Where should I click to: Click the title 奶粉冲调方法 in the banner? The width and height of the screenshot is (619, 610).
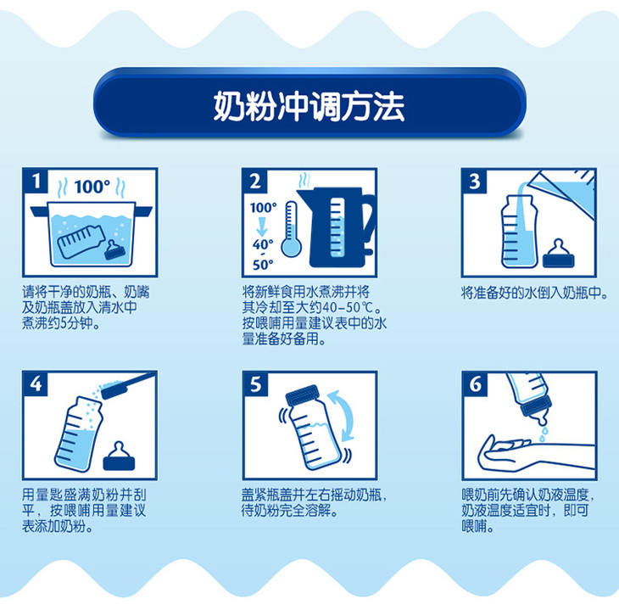click(309, 106)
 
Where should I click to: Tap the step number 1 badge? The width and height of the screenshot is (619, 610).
click(36, 181)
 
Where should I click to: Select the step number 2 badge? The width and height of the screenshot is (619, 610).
click(255, 181)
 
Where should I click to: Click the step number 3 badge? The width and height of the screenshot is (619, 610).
click(475, 181)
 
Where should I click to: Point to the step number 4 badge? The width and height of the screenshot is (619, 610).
click(36, 383)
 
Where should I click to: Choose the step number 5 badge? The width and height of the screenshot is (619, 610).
click(255, 383)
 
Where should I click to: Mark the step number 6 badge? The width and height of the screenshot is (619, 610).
click(475, 383)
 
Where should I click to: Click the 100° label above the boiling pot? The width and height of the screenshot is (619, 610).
click(92, 187)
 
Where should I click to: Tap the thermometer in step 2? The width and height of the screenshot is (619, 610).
click(292, 229)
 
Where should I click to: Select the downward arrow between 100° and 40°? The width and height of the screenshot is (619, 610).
click(261, 227)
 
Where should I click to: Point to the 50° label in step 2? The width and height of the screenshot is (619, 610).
click(263, 265)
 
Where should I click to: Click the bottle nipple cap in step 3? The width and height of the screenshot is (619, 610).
click(558, 254)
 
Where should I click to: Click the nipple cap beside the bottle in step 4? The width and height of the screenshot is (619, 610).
click(119, 456)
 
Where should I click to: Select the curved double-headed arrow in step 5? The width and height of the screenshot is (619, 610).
click(344, 415)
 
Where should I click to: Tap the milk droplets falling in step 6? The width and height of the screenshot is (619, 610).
click(544, 434)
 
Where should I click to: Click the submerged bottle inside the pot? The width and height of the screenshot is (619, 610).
click(81, 242)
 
